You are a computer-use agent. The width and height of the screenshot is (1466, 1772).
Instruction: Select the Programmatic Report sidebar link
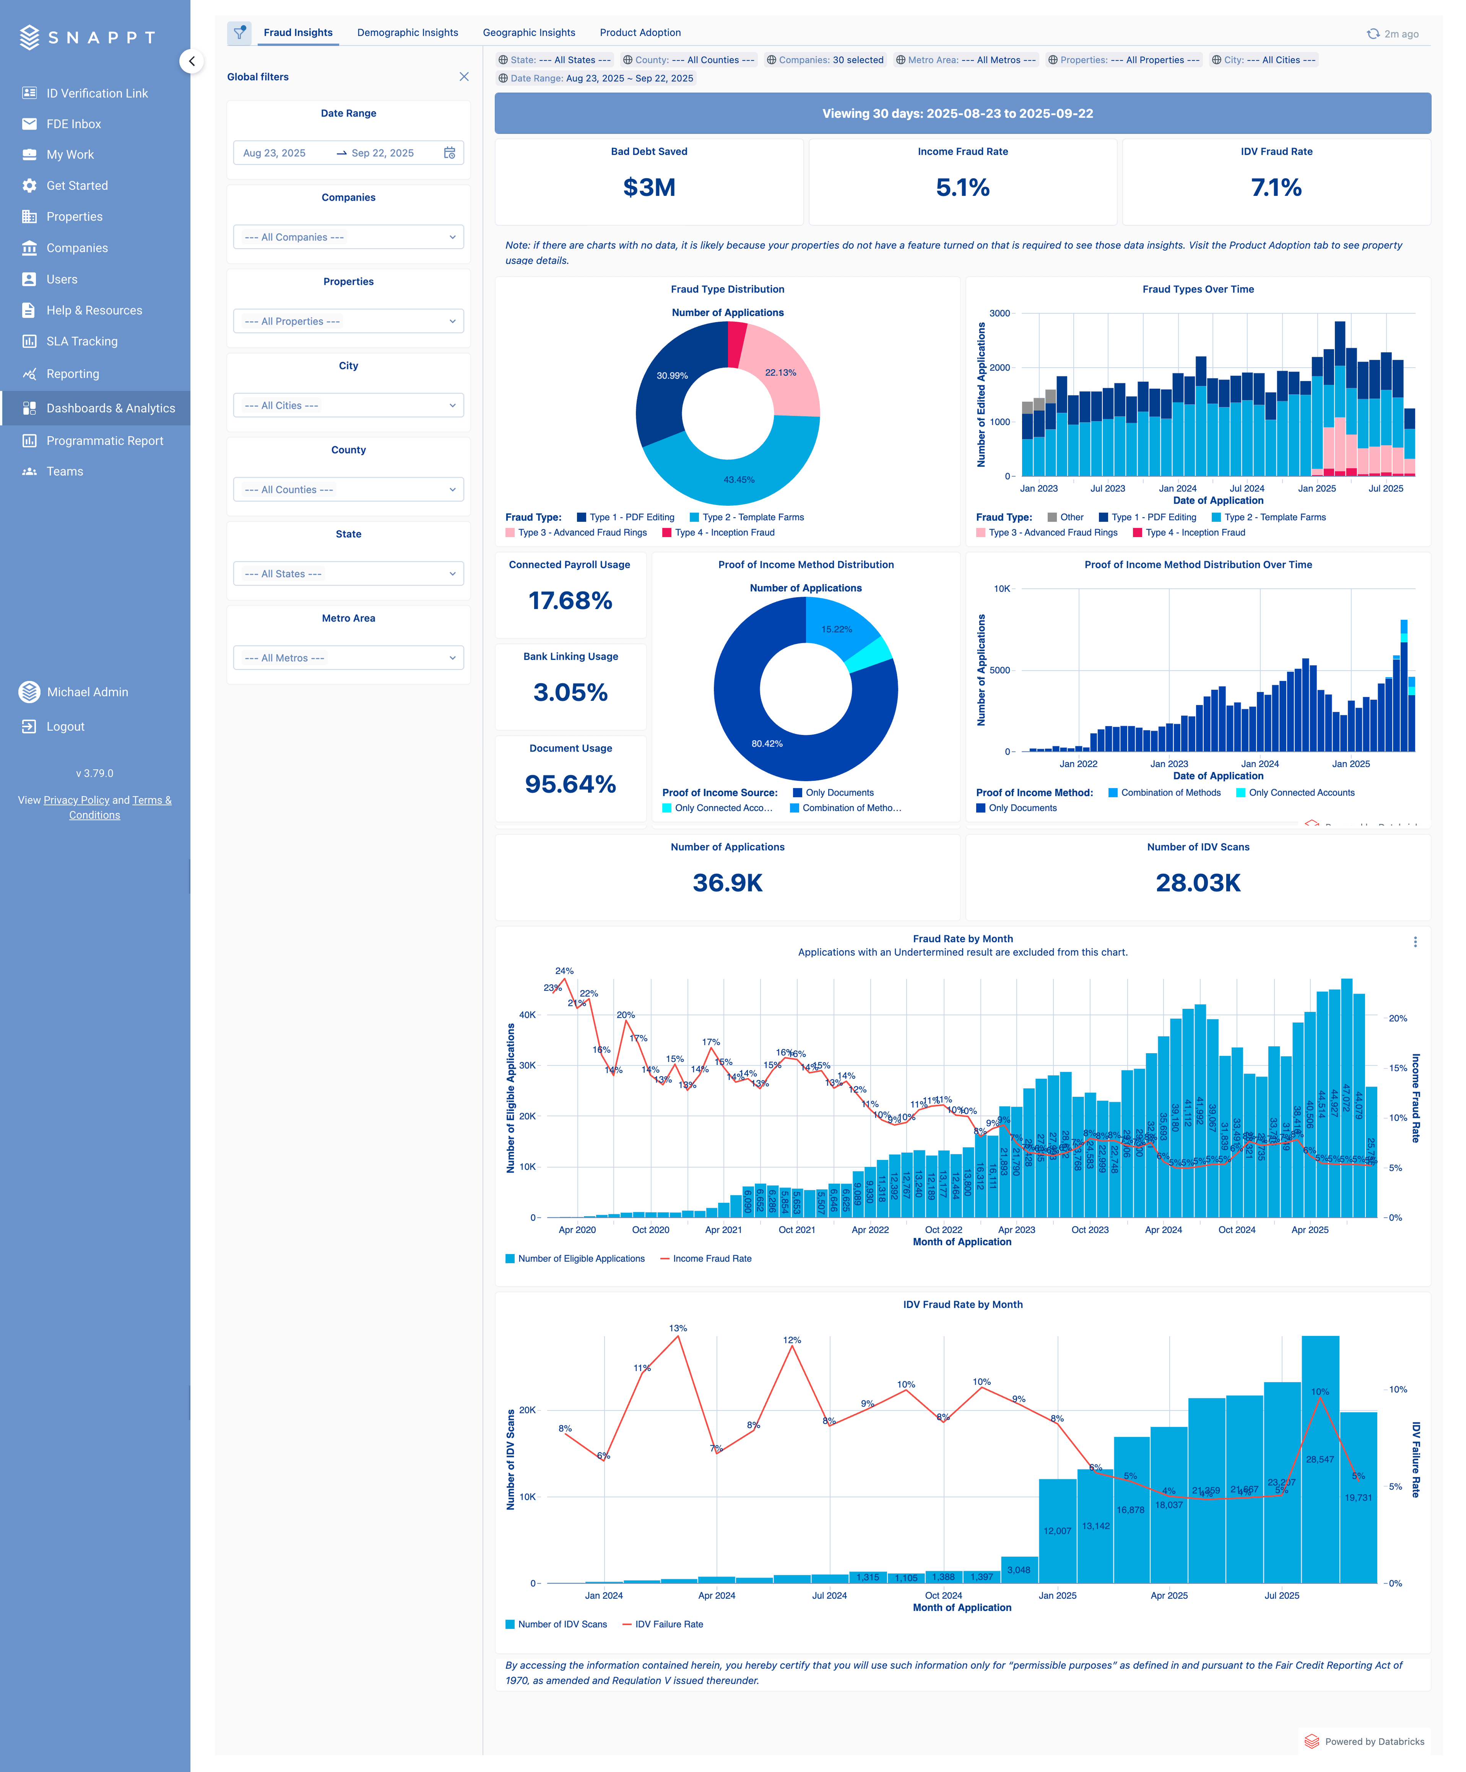point(105,440)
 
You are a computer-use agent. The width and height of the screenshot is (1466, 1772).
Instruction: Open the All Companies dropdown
point(348,237)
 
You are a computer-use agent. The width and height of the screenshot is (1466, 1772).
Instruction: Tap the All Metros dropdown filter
point(348,658)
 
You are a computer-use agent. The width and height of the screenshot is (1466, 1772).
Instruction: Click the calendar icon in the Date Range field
point(450,153)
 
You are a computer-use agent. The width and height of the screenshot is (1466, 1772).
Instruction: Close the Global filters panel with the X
point(464,77)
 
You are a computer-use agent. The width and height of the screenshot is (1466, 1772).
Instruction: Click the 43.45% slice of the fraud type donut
point(739,479)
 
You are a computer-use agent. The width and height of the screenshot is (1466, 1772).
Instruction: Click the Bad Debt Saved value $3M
point(648,187)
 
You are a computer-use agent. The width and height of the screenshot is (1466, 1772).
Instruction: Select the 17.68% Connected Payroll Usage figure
point(570,601)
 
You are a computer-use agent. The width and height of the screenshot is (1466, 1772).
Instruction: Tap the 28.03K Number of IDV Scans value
point(1198,883)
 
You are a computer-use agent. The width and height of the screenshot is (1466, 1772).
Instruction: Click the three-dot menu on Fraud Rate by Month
point(1414,942)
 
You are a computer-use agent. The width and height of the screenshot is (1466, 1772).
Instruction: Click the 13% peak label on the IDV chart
point(678,1328)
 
